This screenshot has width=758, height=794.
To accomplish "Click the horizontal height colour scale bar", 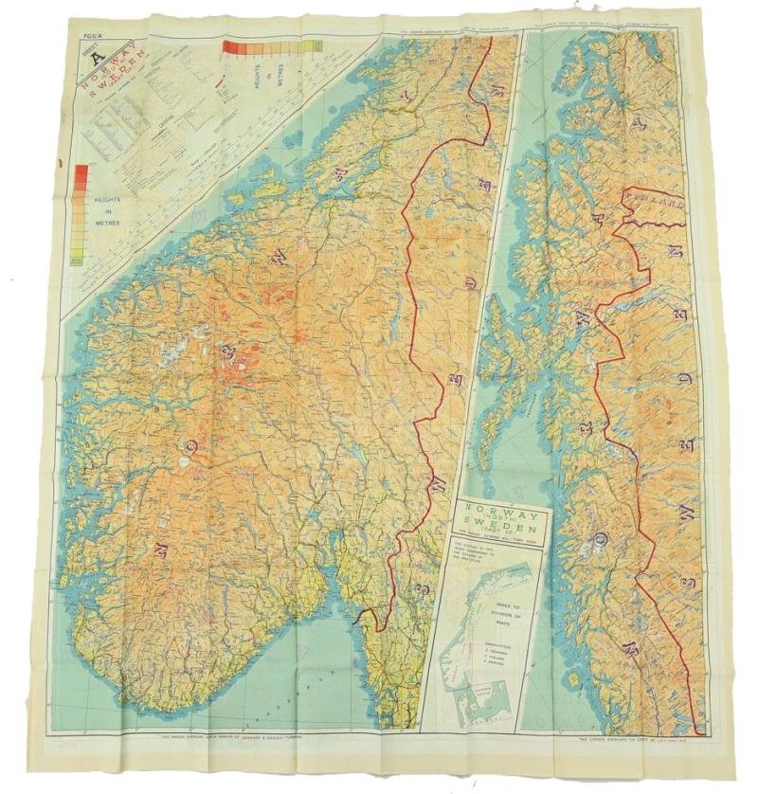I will point(271,45).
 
